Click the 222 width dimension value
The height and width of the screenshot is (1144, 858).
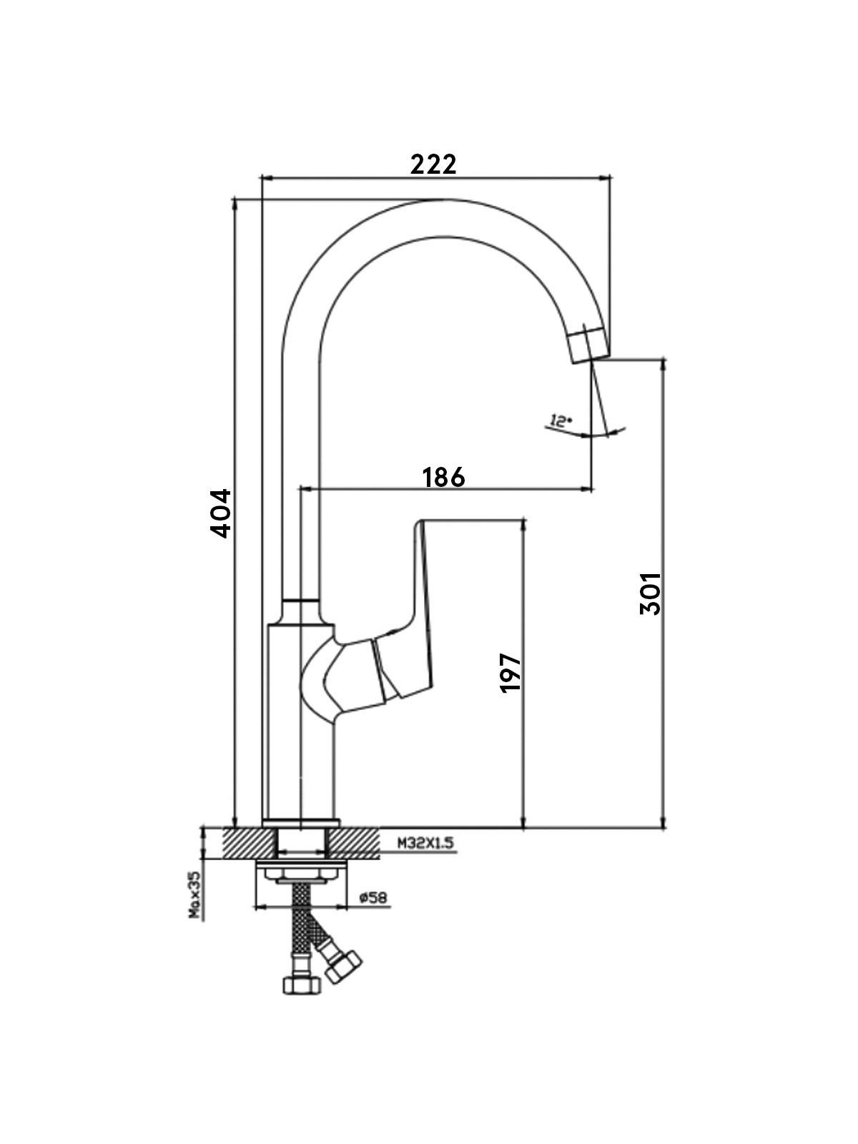coord(433,164)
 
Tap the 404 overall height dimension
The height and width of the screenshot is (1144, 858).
coord(221,513)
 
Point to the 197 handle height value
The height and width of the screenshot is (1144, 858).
coord(511,672)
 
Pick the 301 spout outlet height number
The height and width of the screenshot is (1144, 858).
coord(650,593)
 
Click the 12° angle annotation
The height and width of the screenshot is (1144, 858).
coord(561,420)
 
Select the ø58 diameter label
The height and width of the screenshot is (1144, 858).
coord(373,897)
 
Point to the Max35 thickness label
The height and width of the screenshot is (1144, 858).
coord(194,895)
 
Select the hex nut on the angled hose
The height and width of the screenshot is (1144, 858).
coord(342,966)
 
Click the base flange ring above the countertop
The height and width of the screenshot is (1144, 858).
coord(301,823)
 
